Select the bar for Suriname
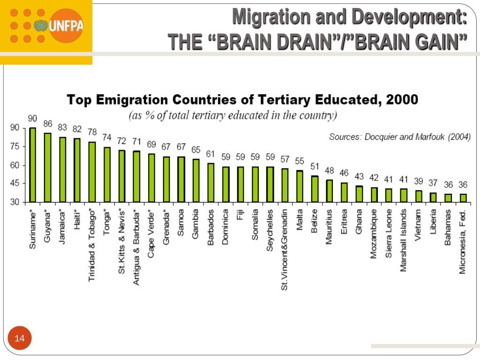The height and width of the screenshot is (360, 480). point(33,165)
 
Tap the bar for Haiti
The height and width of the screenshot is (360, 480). point(77,170)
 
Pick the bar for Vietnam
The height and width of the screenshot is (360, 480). point(419,196)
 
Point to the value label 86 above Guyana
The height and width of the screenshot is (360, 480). point(48,124)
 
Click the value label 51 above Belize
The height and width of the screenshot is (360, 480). point(315,167)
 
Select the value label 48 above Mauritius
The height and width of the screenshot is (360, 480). point(330,171)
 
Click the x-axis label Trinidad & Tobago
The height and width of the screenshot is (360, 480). point(92,245)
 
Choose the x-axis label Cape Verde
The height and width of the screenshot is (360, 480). point(151,233)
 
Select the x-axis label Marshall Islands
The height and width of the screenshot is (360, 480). point(404,240)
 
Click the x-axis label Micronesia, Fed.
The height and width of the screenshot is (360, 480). point(463,242)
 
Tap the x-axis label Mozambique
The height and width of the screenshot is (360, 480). point(374,234)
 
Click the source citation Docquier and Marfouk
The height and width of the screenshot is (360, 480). point(400,137)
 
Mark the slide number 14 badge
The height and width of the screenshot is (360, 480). point(20,338)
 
